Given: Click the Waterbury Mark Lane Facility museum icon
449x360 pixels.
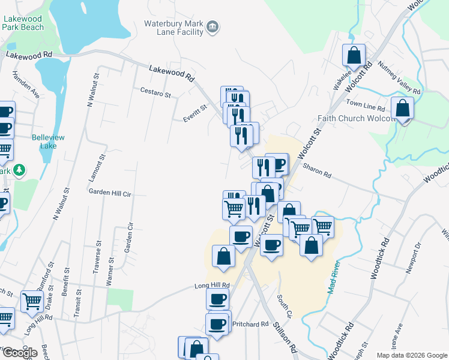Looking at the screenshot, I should click(212, 27).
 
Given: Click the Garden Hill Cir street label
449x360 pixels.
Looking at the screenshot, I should click(110, 193).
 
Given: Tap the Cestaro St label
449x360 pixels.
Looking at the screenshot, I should click(155, 94).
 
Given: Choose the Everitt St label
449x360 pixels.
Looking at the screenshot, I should click(195, 113).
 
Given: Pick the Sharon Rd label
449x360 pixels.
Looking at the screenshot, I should click(317, 170).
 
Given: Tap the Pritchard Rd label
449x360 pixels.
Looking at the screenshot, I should click(250, 324).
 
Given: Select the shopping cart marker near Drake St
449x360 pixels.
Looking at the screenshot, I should click(31, 301).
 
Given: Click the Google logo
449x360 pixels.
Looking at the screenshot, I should click(20, 352).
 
